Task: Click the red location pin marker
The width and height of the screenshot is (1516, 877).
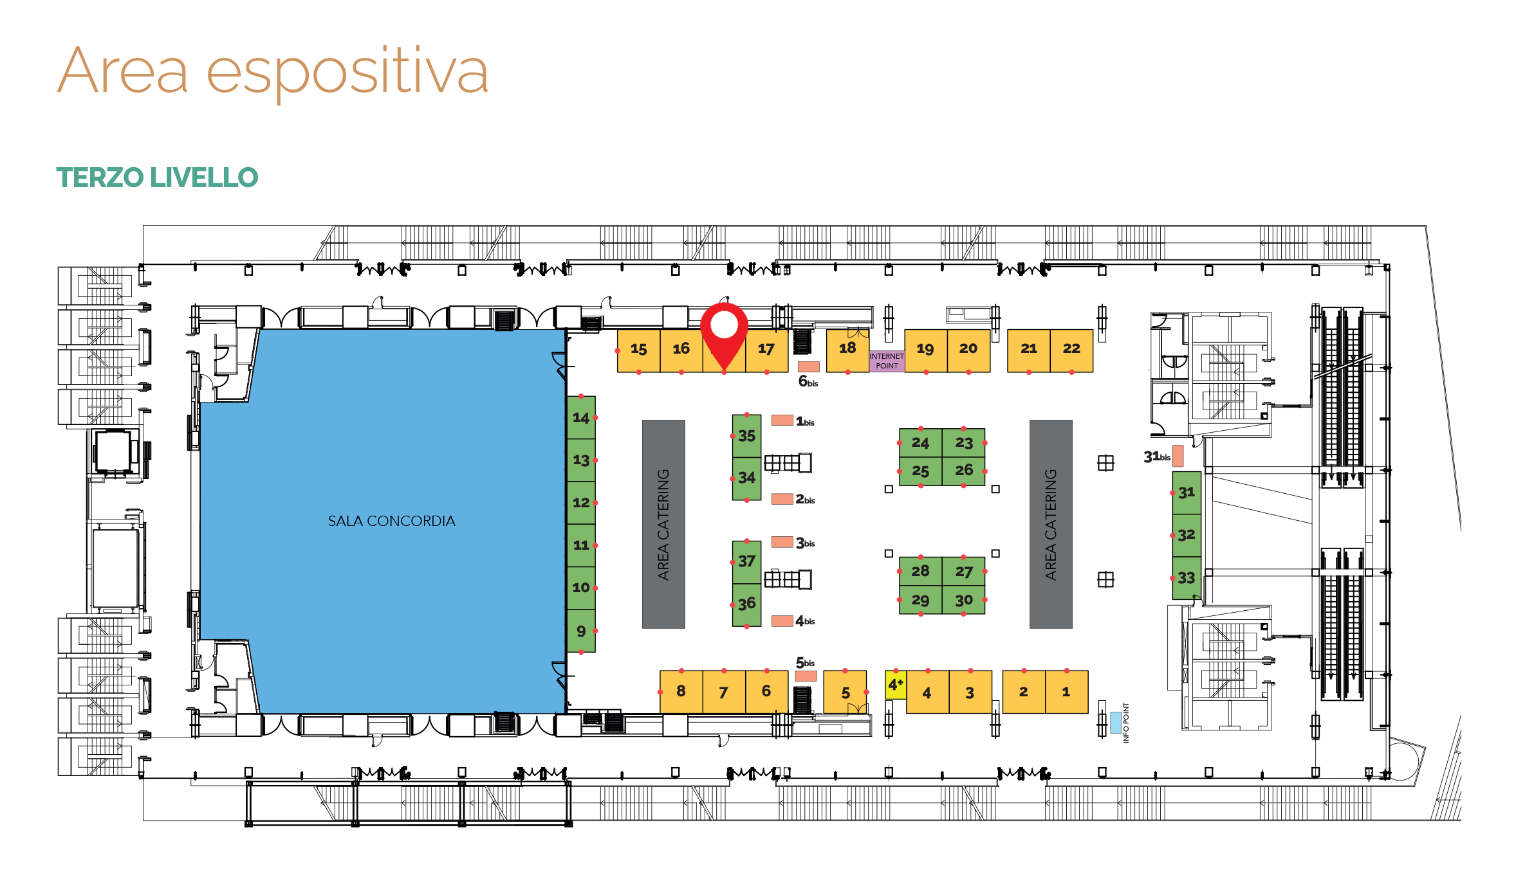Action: (724, 334)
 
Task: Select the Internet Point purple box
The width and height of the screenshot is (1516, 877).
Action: (887, 361)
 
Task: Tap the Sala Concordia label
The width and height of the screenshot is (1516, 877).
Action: (391, 521)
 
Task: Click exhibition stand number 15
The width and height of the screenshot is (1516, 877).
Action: (638, 350)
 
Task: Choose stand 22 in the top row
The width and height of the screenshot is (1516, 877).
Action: (1071, 350)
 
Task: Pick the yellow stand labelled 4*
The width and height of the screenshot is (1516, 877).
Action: (896, 685)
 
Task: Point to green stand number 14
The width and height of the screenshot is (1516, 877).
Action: (581, 418)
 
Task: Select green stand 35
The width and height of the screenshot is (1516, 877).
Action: (746, 436)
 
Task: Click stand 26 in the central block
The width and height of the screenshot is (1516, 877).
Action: (963, 471)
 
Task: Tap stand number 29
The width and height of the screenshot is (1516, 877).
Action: (920, 600)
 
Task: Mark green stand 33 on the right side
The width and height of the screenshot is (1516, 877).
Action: (1187, 578)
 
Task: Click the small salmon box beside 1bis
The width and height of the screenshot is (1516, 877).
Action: (782, 420)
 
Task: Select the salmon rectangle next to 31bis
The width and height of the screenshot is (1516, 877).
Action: (1178, 456)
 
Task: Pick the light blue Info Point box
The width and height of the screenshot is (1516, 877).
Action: (1116, 722)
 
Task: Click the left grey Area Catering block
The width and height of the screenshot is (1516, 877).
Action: (663, 524)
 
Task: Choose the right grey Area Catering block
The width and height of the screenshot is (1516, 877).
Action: (1051, 524)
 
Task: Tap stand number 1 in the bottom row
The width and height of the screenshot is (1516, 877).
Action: (1067, 692)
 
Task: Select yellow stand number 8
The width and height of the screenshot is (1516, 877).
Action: (681, 692)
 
